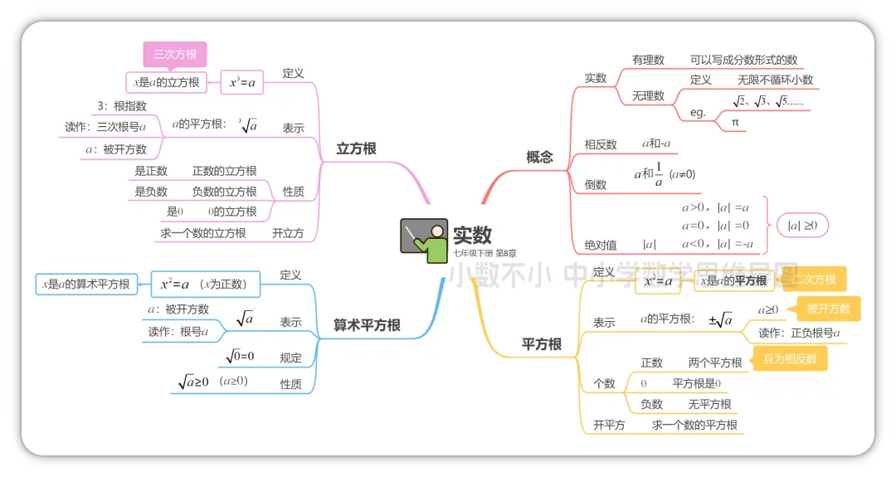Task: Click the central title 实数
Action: [x=472, y=235]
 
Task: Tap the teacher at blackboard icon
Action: [x=423, y=241]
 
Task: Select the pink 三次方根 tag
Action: [x=174, y=55]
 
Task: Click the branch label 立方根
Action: [x=356, y=148]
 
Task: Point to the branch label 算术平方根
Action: [x=367, y=326]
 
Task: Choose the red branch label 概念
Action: [x=539, y=156]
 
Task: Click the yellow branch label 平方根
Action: [x=542, y=343]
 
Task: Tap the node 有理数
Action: [x=648, y=60]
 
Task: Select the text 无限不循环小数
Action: [x=775, y=80]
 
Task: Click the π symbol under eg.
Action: [x=735, y=122]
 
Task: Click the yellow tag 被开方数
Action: [x=829, y=309]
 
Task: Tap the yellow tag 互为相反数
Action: [x=790, y=358]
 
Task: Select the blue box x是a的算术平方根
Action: [x=86, y=284]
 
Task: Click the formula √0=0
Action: [x=240, y=356]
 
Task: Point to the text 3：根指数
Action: [x=121, y=105]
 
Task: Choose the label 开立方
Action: [x=288, y=233]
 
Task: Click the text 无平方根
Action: [x=709, y=404]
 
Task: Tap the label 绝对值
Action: [x=601, y=245]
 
